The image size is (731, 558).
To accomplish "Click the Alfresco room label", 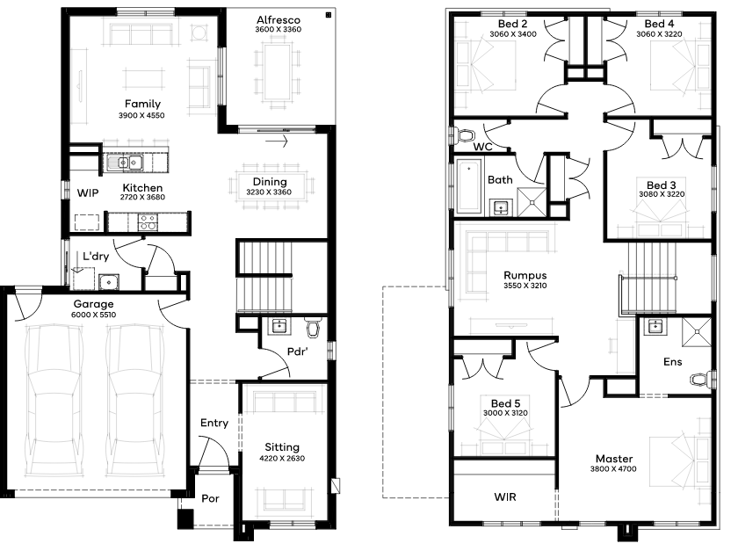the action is (x=279, y=20).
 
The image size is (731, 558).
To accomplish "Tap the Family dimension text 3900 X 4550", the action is (x=141, y=115).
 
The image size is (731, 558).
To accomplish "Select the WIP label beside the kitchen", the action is (x=88, y=193).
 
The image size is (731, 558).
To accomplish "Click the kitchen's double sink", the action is (x=125, y=163).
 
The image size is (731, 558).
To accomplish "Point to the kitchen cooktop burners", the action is (x=148, y=221).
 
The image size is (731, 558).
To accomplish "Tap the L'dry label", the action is (x=96, y=256).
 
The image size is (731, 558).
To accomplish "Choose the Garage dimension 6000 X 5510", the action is (x=93, y=315).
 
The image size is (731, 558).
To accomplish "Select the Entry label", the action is (x=214, y=423).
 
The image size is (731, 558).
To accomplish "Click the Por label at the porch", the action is (x=210, y=498).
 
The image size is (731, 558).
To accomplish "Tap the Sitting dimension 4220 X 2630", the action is (x=282, y=458).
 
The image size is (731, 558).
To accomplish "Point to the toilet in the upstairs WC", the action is (x=464, y=136).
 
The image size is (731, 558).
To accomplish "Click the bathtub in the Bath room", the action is (x=469, y=185).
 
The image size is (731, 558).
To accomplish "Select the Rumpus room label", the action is (x=525, y=275).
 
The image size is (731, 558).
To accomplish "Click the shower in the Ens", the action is (x=697, y=332).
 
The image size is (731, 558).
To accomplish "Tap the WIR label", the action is (x=505, y=497).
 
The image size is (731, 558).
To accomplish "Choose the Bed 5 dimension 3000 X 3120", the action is (x=505, y=413).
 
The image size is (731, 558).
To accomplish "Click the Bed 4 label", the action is (x=659, y=24).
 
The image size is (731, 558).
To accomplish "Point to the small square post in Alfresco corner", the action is (x=329, y=16).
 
